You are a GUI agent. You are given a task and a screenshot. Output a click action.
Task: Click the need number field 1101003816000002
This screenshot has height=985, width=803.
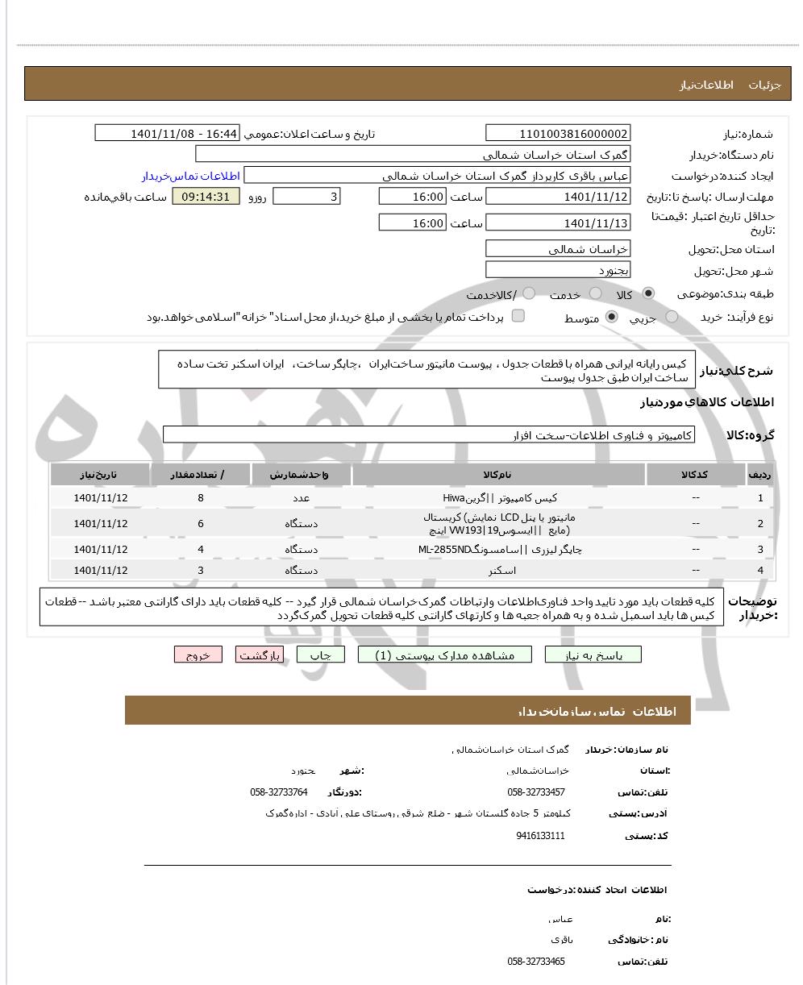pyautogui.click(x=558, y=134)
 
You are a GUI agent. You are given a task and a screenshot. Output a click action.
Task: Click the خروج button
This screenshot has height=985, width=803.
pyautogui.click(x=198, y=655)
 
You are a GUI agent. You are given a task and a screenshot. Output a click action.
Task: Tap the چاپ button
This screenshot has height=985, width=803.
pyautogui.click(x=321, y=655)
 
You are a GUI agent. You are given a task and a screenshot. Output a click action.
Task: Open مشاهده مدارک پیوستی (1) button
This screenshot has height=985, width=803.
pyautogui.click(x=445, y=655)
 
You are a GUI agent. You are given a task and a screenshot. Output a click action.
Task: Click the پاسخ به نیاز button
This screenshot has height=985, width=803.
pyautogui.click(x=593, y=655)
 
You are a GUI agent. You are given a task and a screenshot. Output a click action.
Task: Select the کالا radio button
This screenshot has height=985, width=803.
pyautogui.click(x=648, y=293)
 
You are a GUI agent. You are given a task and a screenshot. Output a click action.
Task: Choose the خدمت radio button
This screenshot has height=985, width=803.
pyautogui.click(x=595, y=293)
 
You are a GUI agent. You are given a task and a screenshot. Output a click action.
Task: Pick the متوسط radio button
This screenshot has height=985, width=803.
pyautogui.click(x=612, y=317)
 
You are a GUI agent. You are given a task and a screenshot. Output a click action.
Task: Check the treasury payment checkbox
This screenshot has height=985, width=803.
pyautogui.click(x=518, y=316)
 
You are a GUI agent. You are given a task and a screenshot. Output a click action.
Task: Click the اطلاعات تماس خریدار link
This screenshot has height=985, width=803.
pyautogui.click(x=191, y=176)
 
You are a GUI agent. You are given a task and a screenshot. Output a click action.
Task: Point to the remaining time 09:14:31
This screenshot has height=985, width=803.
pyautogui.click(x=206, y=197)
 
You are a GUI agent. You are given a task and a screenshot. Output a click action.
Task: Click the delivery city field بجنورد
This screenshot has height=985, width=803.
pyautogui.click(x=558, y=270)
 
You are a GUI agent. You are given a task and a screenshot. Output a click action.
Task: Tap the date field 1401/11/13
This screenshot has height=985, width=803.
pyautogui.click(x=558, y=223)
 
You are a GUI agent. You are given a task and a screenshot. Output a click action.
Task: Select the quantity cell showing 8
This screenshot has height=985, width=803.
pyautogui.click(x=201, y=497)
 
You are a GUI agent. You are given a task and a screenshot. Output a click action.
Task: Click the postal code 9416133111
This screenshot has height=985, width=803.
pyautogui.click(x=540, y=836)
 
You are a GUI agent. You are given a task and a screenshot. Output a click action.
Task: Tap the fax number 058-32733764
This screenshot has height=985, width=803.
pyautogui.click(x=279, y=792)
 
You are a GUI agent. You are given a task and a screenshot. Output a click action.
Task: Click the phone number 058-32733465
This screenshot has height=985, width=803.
pyautogui.click(x=536, y=962)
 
